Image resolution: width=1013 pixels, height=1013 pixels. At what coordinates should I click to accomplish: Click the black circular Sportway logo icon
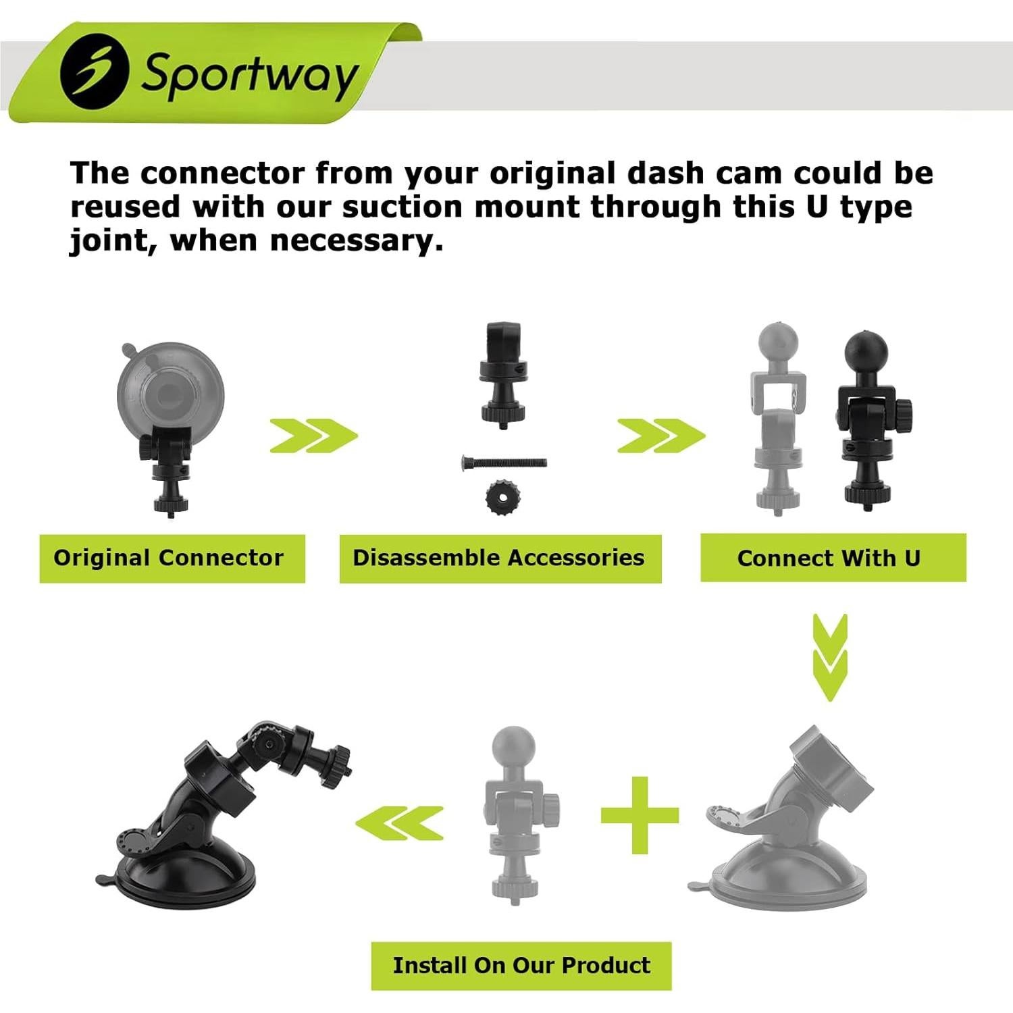pos(94,71)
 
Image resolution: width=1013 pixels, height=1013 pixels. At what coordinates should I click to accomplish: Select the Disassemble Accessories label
pos(500,558)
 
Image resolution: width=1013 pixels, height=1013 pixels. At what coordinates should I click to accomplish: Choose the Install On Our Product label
pos(521,965)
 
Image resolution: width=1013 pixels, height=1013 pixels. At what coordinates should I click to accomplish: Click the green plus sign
pos(639,815)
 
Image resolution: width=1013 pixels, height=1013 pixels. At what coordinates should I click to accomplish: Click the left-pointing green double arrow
pos(399,823)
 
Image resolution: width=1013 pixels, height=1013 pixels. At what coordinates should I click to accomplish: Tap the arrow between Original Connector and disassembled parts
pos(313,436)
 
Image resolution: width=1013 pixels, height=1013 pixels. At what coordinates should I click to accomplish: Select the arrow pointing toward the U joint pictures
pos(660,436)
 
